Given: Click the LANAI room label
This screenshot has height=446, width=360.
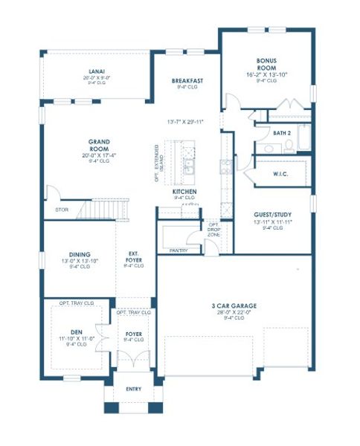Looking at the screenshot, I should pos(96,72).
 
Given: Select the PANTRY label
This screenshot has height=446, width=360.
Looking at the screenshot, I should pos(179,251).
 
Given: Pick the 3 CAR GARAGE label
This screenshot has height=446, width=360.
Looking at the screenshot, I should pos(234,306).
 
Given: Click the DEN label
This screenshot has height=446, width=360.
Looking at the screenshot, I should pos(77,331).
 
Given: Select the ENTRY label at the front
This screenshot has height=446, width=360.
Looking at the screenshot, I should pos(134,388).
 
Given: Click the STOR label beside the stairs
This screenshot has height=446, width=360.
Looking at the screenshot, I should pos(61,210).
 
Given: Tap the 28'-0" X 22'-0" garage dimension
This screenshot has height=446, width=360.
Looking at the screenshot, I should pos(234,312).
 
